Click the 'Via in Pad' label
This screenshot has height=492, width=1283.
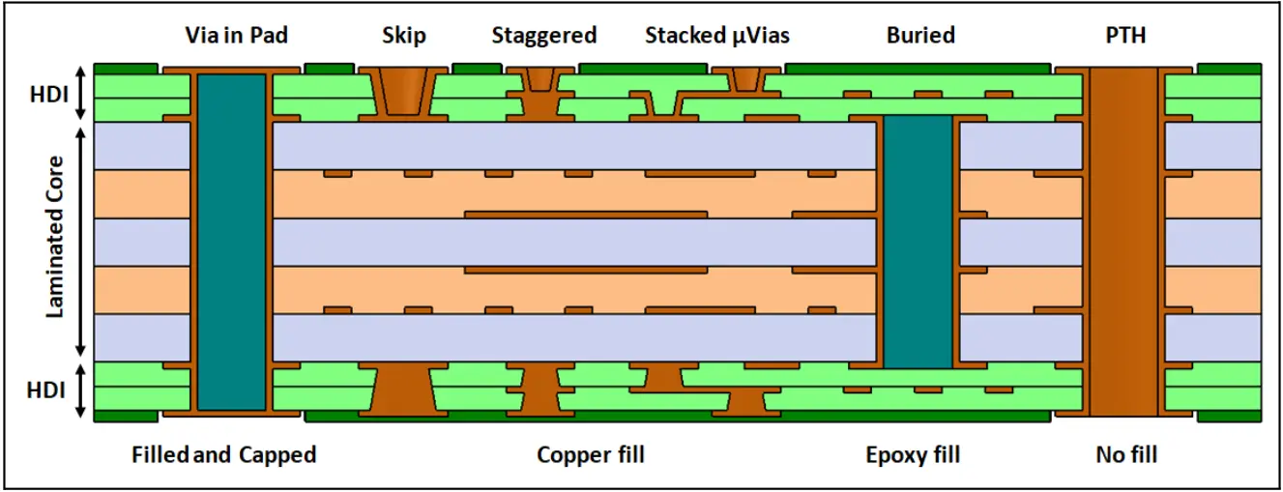[x=237, y=35]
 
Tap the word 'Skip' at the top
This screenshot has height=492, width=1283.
[x=404, y=36]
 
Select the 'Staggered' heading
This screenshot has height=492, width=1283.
[x=544, y=36]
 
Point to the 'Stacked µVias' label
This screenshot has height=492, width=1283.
[x=717, y=36]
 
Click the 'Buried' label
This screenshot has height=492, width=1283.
[x=920, y=35]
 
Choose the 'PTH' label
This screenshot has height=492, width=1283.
[x=1124, y=35]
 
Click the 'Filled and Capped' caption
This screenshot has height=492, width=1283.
[x=224, y=454]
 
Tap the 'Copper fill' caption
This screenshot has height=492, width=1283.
[x=591, y=455]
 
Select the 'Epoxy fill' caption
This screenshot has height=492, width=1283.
[x=913, y=455]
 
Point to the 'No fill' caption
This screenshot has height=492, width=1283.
[x=1126, y=454]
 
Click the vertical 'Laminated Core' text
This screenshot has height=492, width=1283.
[x=54, y=237]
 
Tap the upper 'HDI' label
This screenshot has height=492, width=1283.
[x=48, y=94]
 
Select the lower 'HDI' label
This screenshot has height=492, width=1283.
[x=45, y=391]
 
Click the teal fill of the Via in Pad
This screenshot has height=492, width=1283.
[x=231, y=242]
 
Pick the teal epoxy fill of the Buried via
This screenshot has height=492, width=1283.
[x=918, y=241]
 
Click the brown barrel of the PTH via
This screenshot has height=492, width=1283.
[x=1123, y=242]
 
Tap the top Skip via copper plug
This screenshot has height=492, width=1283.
[x=404, y=92]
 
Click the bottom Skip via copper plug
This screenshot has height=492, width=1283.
[x=404, y=391]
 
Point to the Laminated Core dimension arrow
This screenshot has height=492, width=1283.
[x=81, y=242]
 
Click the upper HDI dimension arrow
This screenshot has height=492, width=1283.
[x=81, y=94]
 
